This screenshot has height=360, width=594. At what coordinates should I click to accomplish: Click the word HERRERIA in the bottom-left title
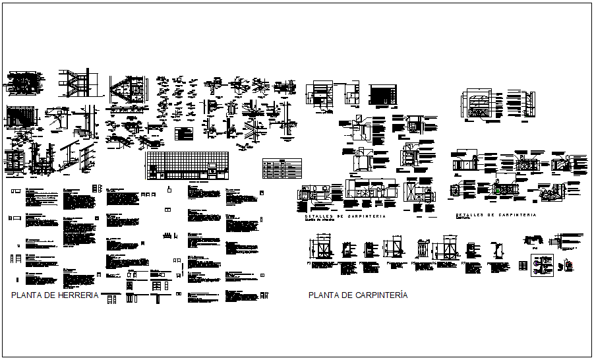click(x=78, y=295)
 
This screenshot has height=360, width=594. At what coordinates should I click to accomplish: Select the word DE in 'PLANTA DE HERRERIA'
click(x=51, y=295)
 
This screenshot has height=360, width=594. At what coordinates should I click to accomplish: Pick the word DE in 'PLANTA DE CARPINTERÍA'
click(x=348, y=295)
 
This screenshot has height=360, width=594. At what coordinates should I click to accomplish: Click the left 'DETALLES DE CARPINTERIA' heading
click(x=345, y=216)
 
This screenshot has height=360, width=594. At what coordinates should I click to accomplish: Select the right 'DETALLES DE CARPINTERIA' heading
click(x=496, y=215)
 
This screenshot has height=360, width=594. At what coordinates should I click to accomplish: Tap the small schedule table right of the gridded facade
click(x=282, y=168)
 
